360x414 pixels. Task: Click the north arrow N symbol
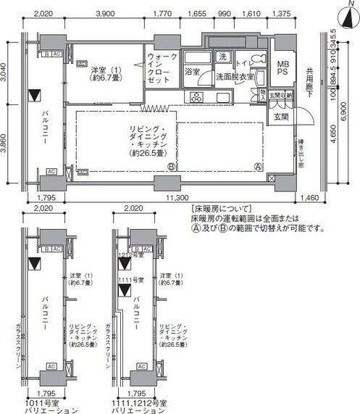pos(351,10)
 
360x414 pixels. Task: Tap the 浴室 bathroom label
pos(192,73)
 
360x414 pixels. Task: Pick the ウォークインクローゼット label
pos(161,70)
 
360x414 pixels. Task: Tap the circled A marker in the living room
pos(257,166)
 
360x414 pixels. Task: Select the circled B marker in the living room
pos(172,166)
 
